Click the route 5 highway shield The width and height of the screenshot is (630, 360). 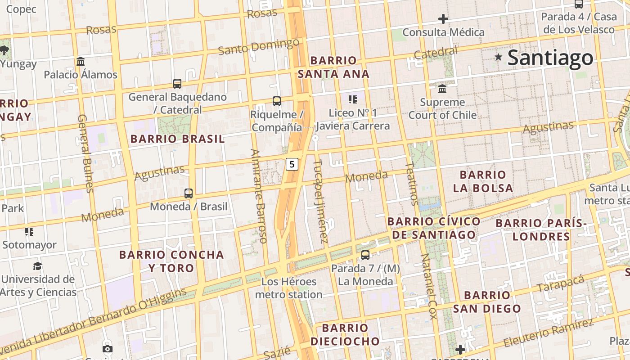click(292, 164)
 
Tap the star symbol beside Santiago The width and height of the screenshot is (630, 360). click(498, 57)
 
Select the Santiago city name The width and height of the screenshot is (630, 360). click(550, 58)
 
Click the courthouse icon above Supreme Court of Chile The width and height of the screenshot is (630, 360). click(442, 89)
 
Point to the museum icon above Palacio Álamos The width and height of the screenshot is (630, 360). click(81, 61)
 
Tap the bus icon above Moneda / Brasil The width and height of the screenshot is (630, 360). click(189, 193)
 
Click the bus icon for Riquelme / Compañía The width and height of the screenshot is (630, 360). click(277, 101)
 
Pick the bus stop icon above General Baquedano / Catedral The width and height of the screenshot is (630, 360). click(177, 83)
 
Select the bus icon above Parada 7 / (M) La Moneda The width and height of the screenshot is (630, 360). click(365, 255)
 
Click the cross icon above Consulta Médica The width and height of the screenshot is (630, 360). click(443, 19)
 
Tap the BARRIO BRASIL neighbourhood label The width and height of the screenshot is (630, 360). click(177, 139)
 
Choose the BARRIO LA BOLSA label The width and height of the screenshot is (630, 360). click(483, 181)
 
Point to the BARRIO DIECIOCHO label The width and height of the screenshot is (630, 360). click(345, 334)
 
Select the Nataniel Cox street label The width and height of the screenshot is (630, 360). click(428, 286)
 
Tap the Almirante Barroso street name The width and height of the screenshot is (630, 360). click(259, 196)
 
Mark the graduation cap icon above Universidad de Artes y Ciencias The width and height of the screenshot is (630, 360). click(37, 266)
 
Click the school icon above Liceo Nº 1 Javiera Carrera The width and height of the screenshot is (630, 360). click(352, 99)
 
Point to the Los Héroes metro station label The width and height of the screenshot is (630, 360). click(289, 288)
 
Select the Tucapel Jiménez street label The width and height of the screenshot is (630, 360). click(320, 201)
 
